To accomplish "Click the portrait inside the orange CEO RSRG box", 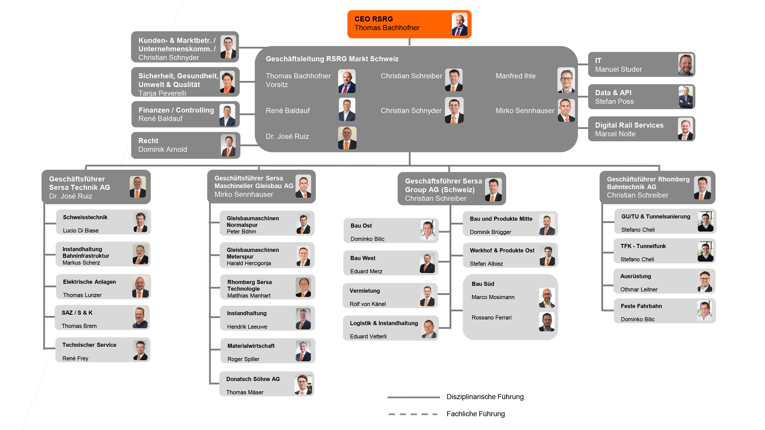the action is pos(460,24).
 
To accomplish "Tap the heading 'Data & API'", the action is pos(613,93).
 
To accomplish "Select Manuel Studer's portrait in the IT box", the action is pos(685,65).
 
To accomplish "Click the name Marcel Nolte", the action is pos(615,134).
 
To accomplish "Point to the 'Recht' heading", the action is pos(148,141).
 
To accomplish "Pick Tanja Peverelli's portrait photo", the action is pos(227,82).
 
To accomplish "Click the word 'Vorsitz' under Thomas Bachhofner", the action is pos(276,85).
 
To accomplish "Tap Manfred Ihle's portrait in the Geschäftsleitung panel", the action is pos(566,80).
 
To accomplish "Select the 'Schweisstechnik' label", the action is pos(85,217).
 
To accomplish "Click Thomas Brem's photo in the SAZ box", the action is pos(140,317).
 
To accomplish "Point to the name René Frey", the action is pos(75,358).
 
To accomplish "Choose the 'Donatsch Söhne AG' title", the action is pos(253,379).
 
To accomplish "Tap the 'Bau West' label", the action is pos(363,258).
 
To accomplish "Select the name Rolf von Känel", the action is pos(367,304).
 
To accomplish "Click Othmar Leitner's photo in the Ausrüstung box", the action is pos(705,281).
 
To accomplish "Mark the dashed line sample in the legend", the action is pos(413,414).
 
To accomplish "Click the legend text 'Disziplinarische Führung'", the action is pos(485,397).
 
